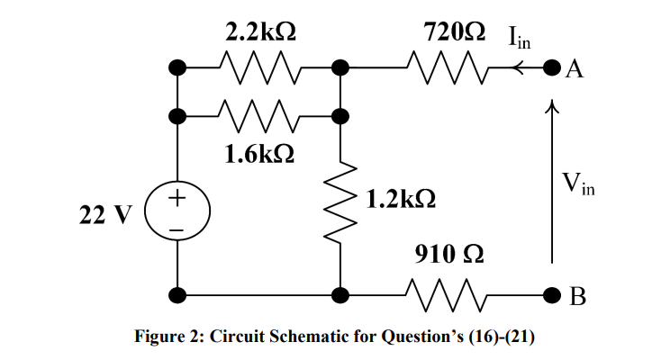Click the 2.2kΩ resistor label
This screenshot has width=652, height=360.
pos(262,32)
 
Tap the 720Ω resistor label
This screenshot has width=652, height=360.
pos(455,32)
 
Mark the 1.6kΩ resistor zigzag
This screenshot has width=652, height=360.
pos(259,115)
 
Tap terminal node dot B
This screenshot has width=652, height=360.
pos(553,292)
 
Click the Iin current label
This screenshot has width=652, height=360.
pos(518,37)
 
